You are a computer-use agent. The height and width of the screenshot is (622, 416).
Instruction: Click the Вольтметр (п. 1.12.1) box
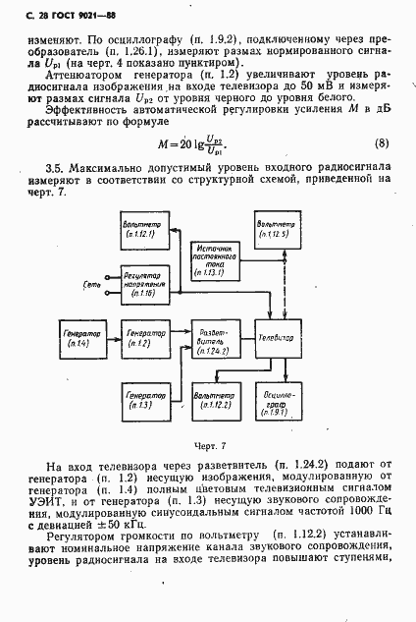click(144, 234)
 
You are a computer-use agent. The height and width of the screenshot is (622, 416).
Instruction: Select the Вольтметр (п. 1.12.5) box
click(278, 229)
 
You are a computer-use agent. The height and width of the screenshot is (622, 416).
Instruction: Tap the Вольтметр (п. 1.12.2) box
click(216, 399)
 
